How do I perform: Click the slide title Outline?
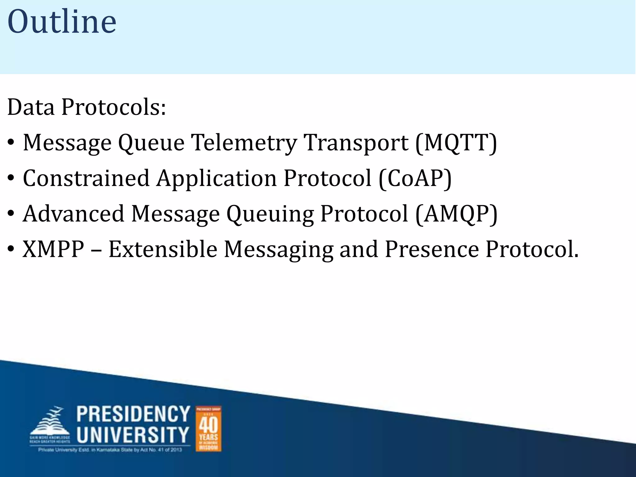point(62,22)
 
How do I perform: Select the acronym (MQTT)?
point(456,143)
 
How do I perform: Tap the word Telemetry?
point(244,143)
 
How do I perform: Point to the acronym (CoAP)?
point(415,179)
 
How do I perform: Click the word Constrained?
point(86,179)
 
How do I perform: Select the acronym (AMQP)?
point(456,214)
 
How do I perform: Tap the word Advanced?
point(74,214)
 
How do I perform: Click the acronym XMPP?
point(53,249)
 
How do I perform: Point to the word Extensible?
point(163,249)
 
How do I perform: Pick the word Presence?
point(432,249)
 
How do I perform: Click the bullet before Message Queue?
point(11,143)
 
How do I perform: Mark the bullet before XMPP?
point(11,250)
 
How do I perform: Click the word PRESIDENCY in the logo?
point(133,414)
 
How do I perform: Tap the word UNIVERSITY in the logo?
point(133,434)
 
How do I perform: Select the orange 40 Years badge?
point(208,429)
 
